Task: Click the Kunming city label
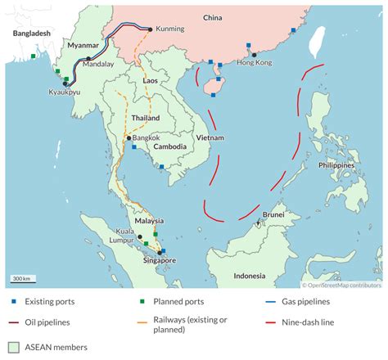click(x=169, y=29)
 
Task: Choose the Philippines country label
click(x=336, y=164)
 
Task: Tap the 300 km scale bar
click(x=21, y=280)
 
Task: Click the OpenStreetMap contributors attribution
click(x=344, y=286)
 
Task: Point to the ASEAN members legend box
click(x=13, y=347)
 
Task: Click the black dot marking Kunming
click(x=150, y=29)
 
